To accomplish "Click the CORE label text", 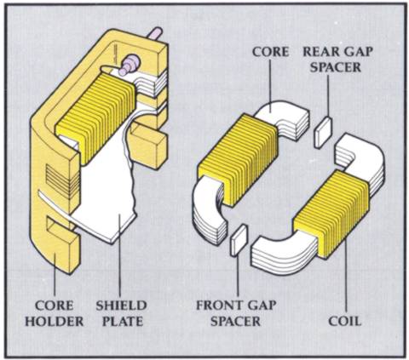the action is point(270,52).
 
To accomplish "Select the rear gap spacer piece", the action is point(323,132).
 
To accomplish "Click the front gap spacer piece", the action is point(239,240).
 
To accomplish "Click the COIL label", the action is point(345,322).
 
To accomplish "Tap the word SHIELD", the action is point(121,306).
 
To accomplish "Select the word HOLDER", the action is point(55,322).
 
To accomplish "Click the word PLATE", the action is point(123,322).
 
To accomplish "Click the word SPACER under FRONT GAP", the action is point(236,322).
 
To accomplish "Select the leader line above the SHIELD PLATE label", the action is point(119,255).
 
